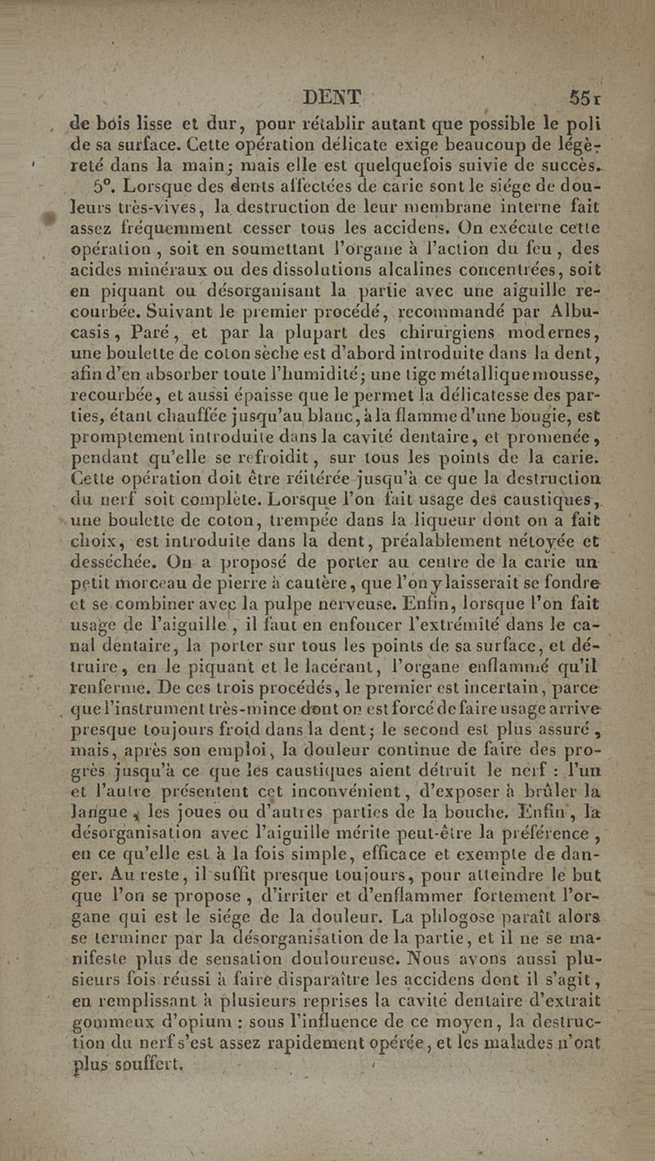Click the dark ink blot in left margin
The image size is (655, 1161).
point(51,217)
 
